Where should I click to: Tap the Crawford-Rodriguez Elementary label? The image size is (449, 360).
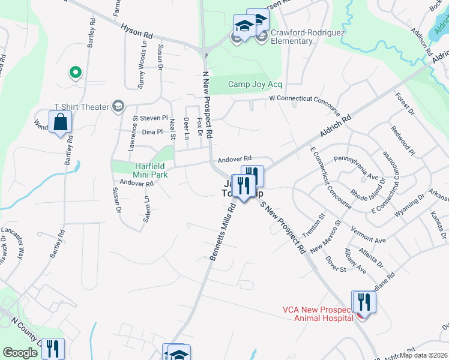(291, 37)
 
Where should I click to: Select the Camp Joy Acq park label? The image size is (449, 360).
(255, 85)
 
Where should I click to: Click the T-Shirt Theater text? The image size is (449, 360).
(82, 107)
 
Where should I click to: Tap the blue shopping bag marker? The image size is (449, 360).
(61, 123)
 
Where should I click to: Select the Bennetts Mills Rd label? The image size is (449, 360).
(221, 232)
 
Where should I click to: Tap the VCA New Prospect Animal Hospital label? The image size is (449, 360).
(318, 314)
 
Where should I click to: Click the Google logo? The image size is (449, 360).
(20, 353)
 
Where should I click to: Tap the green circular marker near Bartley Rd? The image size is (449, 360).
(75, 73)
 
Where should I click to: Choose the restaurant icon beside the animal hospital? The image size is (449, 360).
(364, 301)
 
